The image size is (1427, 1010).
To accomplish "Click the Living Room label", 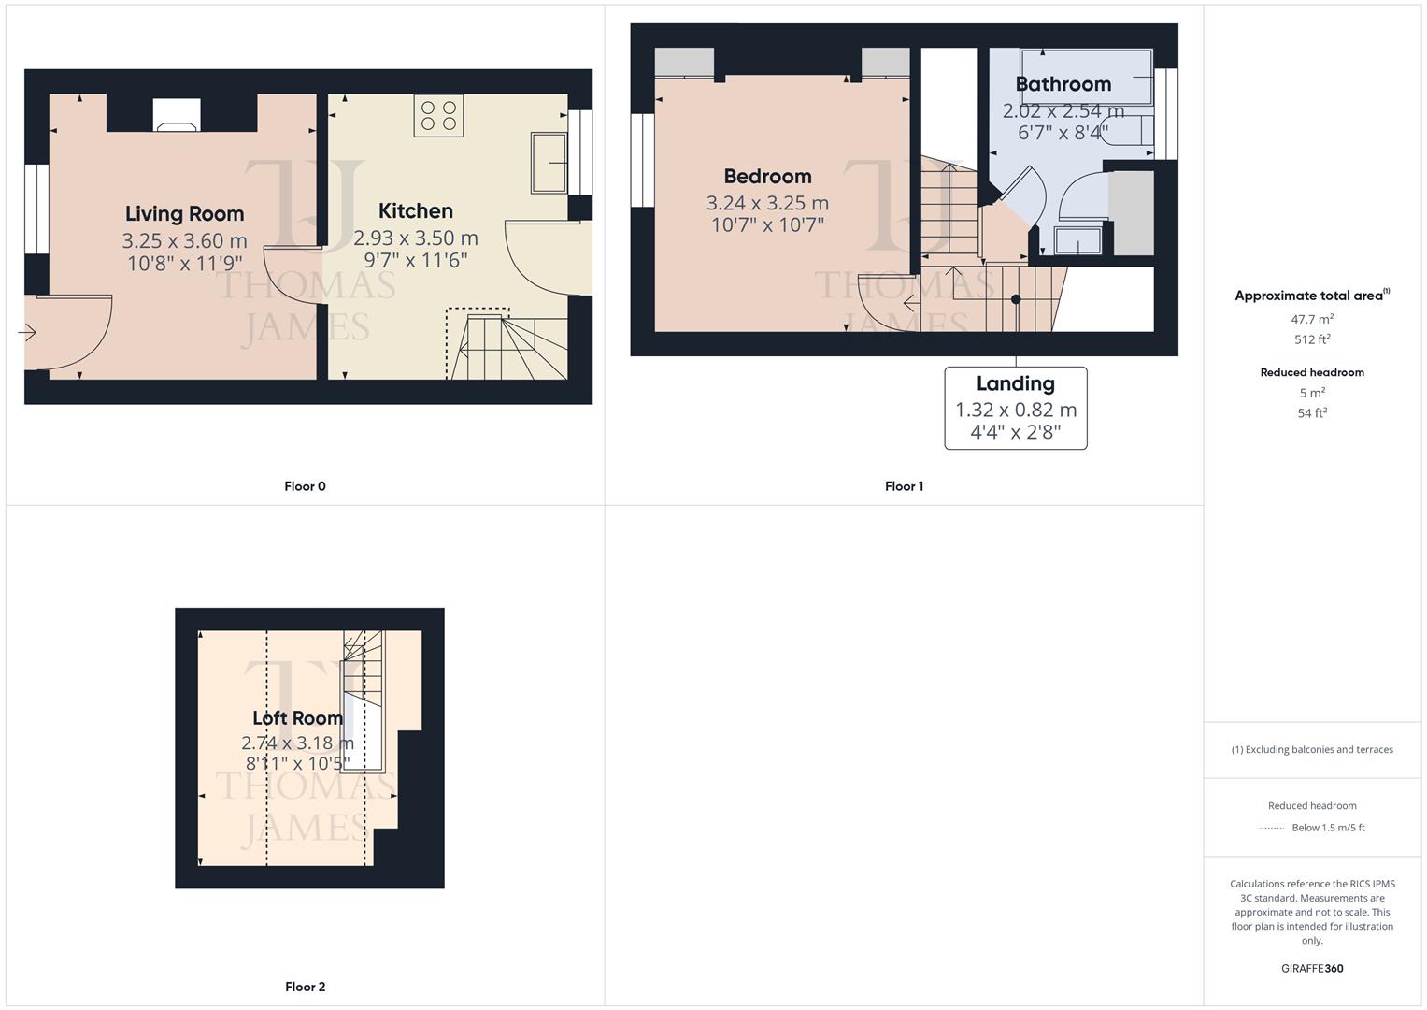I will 184,214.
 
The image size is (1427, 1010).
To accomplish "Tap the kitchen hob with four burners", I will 439,115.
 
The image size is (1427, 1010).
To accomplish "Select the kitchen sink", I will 549,164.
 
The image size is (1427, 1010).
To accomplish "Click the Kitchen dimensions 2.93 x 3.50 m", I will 416,238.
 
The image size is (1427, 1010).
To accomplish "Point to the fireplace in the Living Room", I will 177,116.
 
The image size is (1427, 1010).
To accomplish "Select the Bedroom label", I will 767,177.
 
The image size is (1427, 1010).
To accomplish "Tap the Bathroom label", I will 1063,84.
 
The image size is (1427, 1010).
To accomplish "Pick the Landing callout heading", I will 1015,383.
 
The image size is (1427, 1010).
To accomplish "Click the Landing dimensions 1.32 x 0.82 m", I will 1015,410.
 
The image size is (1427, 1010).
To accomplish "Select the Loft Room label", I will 297,718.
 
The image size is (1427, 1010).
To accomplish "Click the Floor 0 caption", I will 305,486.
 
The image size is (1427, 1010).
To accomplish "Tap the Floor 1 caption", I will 904,486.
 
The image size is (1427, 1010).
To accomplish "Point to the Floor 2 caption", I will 305,987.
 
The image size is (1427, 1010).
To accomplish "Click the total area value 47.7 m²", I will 1311,319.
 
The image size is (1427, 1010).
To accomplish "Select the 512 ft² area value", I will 1311,339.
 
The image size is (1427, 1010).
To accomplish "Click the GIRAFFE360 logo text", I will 1311,968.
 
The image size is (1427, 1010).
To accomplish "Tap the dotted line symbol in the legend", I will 1271,828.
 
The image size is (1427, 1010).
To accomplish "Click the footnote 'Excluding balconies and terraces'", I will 1311,749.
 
